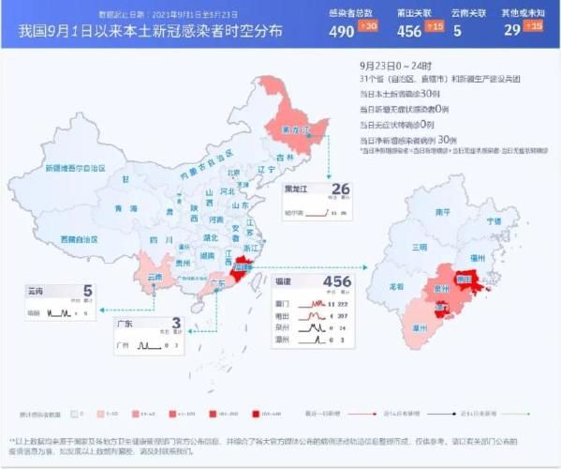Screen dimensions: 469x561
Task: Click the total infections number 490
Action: [341, 29]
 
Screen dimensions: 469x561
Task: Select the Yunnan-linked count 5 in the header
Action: [457, 29]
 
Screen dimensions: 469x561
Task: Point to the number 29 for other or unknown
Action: [511, 29]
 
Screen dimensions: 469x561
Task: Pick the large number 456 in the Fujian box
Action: [336, 281]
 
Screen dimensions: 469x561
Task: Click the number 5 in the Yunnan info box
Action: [87, 292]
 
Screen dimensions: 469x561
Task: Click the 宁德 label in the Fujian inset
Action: [494, 221]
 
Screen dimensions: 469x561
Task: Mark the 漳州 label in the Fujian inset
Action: [426, 327]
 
